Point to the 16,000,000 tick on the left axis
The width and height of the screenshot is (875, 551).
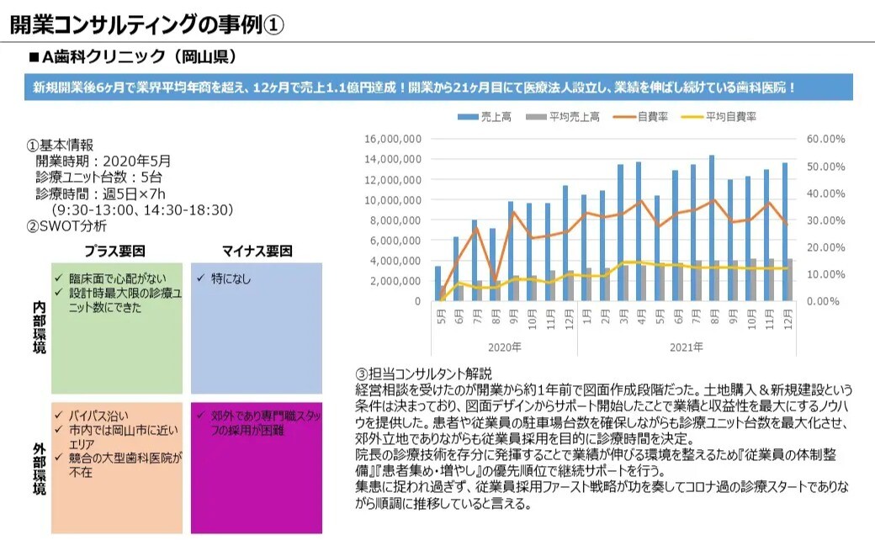coord(393,139)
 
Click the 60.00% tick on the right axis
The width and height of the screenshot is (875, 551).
coord(824,139)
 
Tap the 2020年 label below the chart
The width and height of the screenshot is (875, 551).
coord(505,347)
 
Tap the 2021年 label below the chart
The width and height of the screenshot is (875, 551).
coord(686,347)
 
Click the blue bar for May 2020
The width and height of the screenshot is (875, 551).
coord(437,283)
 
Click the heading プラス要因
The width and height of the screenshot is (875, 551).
coord(115,251)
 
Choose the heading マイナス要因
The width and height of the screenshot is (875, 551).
coord(257,251)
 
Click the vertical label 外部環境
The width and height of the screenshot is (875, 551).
coord(38,468)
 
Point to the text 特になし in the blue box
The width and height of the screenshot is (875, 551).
coord(229,278)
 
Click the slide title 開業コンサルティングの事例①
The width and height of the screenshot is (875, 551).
coord(146,24)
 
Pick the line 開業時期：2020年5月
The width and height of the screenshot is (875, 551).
coord(103,161)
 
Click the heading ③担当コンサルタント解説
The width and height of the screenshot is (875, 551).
coord(423,374)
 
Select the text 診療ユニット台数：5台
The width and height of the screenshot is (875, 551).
coord(98,177)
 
